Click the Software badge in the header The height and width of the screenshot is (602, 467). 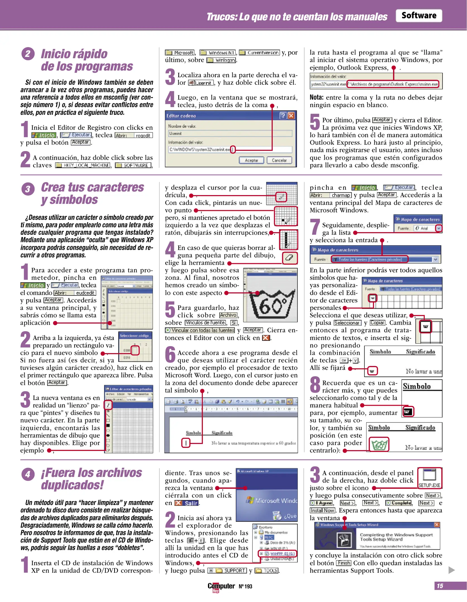418,16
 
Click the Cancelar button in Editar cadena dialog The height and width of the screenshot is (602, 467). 279,160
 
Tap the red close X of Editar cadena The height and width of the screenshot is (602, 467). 291,116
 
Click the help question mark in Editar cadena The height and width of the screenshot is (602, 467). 283,116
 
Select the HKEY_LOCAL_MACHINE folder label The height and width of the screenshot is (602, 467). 83,165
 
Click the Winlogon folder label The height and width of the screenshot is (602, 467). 222,60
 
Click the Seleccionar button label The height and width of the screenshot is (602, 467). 348,323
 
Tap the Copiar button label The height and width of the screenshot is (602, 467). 377,323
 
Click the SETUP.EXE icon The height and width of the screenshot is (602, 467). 429,478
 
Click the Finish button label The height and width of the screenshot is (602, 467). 344,563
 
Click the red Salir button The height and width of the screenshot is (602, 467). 186,503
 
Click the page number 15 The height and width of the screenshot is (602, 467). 440,586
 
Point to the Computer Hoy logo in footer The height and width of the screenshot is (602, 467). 221,587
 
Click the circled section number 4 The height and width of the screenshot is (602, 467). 28,474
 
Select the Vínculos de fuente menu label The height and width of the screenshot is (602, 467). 205,323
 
